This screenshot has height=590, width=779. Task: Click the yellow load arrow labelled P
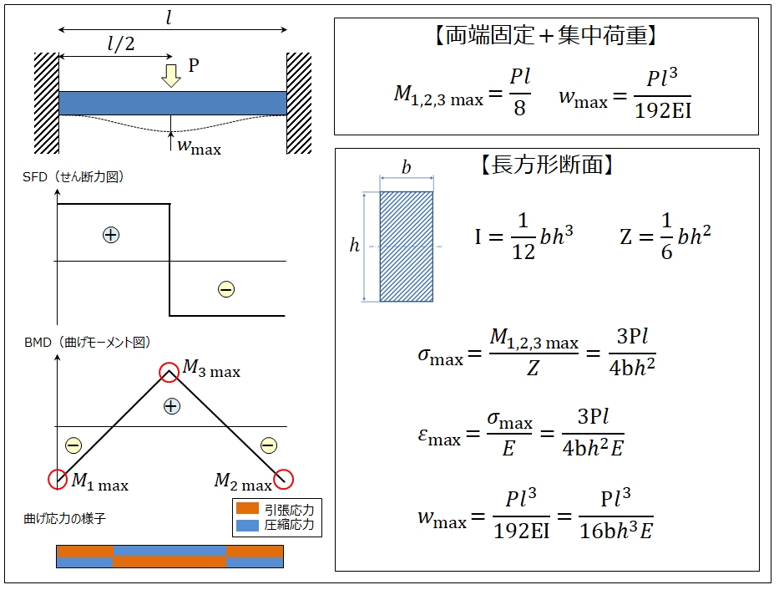click(x=171, y=75)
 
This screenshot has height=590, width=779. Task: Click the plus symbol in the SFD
click(x=111, y=235)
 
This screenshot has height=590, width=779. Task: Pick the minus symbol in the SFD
click(x=226, y=289)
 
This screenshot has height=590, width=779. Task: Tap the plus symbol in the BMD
click(x=171, y=406)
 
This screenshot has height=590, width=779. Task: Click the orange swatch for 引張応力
click(x=247, y=508)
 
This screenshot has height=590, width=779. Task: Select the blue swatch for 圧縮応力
click(x=247, y=526)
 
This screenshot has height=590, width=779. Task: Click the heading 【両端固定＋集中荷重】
click(x=545, y=35)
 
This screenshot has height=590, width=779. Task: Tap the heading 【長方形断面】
click(x=547, y=165)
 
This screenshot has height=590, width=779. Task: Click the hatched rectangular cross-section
click(x=407, y=247)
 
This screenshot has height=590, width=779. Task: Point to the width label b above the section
click(x=407, y=167)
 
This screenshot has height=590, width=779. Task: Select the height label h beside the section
click(x=354, y=245)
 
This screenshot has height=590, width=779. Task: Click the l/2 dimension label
click(x=121, y=43)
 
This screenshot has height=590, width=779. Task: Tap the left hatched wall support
click(x=47, y=103)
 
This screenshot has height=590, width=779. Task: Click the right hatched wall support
click(x=299, y=103)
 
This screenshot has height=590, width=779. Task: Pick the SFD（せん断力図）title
click(x=73, y=177)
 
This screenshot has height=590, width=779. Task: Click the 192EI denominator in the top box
click(x=663, y=110)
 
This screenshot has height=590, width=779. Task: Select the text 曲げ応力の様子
click(x=64, y=518)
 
